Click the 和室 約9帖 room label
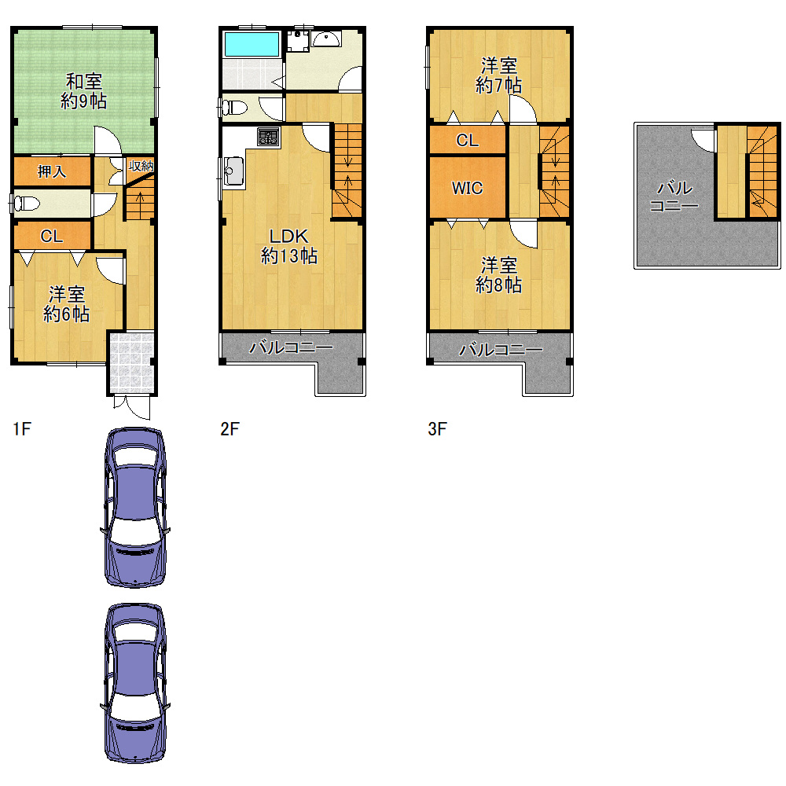tap(84, 91)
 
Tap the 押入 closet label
tap(52, 172)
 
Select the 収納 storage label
tap(141, 166)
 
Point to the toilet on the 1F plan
tap(27, 204)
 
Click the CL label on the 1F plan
tap(52, 236)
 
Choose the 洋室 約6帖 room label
tap(66, 304)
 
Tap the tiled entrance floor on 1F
tap(131, 362)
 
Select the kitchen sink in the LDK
tap(233, 171)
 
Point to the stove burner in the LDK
tap(268, 136)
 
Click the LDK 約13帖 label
tap(289, 246)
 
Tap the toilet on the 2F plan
tap(234, 107)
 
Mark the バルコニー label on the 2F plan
tap(291, 347)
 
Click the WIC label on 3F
tap(467, 189)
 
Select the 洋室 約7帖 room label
tap(498, 75)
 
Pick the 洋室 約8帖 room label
tap(498, 275)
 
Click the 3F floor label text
tap(437, 429)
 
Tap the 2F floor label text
tap(230, 429)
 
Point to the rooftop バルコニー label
tap(674, 196)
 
